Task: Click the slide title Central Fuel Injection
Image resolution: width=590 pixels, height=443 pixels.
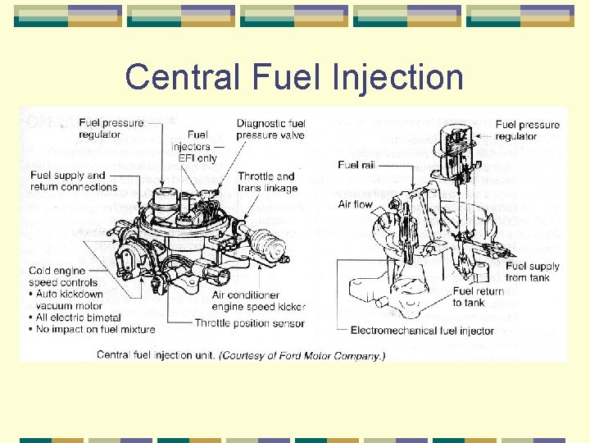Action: tap(294, 77)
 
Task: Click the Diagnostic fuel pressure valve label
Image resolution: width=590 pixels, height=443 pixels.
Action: tap(270, 129)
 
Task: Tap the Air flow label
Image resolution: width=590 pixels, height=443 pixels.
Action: tap(354, 204)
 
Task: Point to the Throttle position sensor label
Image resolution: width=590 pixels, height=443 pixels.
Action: tap(249, 323)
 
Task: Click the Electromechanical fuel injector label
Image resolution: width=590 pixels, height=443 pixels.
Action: tap(422, 331)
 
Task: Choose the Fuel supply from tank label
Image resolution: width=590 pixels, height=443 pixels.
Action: tap(533, 272)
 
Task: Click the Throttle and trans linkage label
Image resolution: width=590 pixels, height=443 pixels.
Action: tap(266, 181)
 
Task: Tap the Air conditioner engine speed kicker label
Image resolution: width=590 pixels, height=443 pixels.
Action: tap(258, 301)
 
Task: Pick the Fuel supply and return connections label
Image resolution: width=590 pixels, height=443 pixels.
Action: tap(74, 180)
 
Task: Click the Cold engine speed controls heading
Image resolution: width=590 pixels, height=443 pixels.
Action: tap(65, 276)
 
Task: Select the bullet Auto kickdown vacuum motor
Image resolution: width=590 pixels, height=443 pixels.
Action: tap(74, 299)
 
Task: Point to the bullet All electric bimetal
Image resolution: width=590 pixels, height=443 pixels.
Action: tap(79, 317)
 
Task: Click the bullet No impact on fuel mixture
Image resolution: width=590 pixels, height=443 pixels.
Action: tap(95, 329)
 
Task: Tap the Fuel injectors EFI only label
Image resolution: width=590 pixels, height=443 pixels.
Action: tap(197, 146)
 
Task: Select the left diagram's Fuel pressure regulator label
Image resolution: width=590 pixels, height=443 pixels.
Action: tap(111, 128)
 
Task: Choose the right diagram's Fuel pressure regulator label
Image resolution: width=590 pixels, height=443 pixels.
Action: tap(527, 130)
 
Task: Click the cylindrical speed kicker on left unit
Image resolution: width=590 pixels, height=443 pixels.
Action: tap(263, 244)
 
